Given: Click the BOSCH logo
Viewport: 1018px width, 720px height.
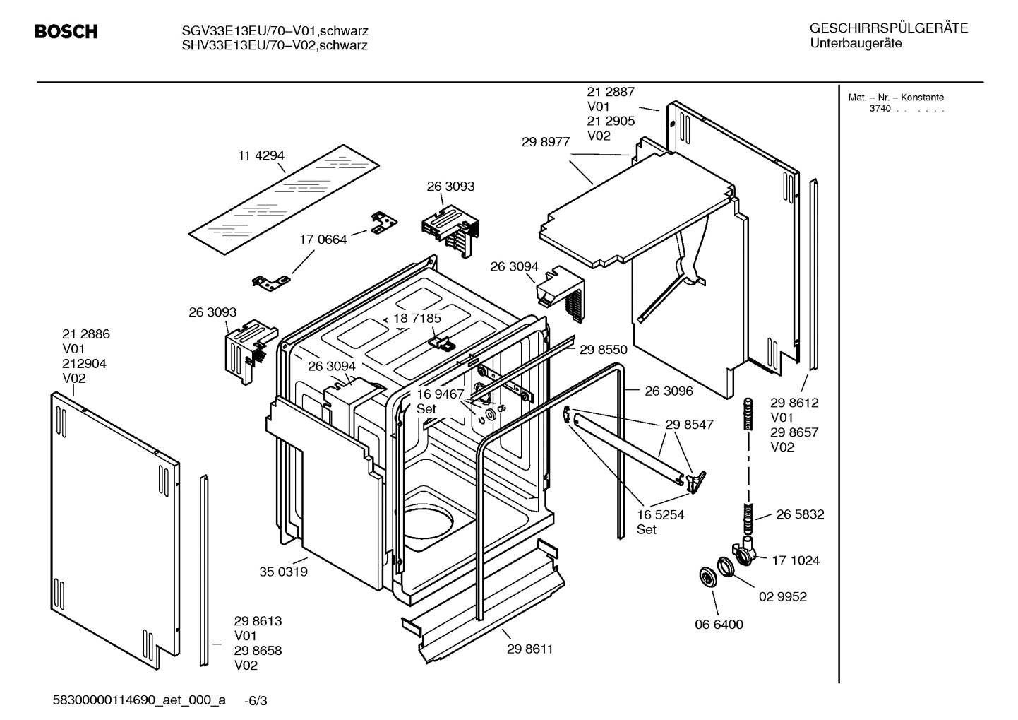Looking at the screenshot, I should [x=66, y=32].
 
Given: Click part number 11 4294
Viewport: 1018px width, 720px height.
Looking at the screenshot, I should [x=261, y=155].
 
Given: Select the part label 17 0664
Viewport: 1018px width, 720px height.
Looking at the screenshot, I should [x=323, y=240].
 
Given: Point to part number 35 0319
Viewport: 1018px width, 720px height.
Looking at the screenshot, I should [x=283, y=572].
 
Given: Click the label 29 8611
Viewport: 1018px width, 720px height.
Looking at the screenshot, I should [x=529, y=649].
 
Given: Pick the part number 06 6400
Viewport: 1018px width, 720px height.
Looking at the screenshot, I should [x=719, y=625].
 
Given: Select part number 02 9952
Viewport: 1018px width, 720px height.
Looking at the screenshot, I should [x=782, y=596].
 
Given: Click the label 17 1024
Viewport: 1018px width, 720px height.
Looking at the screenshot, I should [x=795, y=560].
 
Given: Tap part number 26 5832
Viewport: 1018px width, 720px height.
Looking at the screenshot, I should [x=800, y=514].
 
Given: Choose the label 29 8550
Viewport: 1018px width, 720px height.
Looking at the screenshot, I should [x=603, y=349].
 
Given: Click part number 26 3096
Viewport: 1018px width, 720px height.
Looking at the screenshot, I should [x=669, y=391].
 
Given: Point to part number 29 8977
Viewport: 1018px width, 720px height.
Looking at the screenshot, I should [x=546, y=141].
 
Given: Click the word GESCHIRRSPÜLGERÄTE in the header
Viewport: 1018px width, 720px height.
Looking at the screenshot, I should [x=889, y=28].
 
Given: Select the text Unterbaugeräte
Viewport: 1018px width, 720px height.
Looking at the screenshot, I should [x=856, y=44].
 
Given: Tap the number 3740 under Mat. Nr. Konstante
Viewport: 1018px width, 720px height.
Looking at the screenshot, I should [x=880, y=109].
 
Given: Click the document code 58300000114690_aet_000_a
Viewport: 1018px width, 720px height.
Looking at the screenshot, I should [x=139, y=700].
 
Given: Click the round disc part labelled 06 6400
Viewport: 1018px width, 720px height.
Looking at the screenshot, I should [x=706, y=577].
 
